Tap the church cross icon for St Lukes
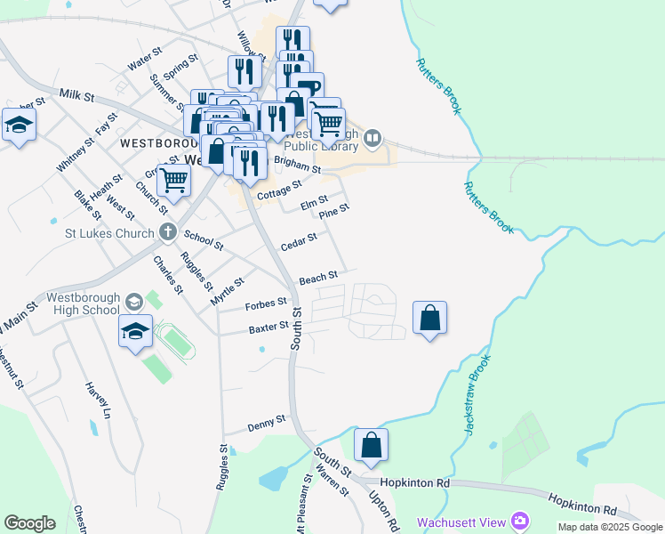167,233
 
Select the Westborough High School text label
81,303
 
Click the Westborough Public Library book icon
373,138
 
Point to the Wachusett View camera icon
520,521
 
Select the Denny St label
267,419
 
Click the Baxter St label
268,328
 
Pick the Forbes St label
266,304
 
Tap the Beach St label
318,278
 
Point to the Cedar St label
299,241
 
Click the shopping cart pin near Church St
173,180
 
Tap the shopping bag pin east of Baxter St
429,318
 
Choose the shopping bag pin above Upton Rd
372,445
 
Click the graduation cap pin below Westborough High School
135,332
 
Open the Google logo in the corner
29,523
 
